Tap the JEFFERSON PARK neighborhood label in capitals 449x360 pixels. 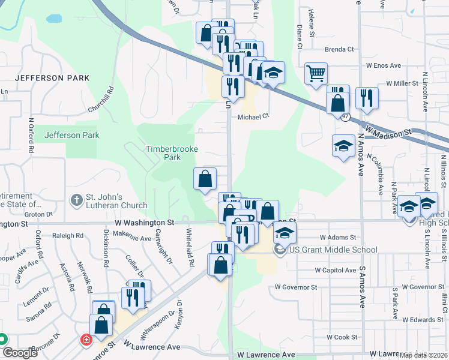pyautogui.click(x=52, y=78)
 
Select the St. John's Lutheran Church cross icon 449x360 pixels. pyautogui.click(x=76, y=200)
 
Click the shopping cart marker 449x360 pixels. pyautogui.click(x=316, y=74)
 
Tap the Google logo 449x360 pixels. pyautogui.click(x=20, y=353)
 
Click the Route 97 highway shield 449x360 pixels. pyautogui.click(x=346, y=117)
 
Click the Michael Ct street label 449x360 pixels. pyautogui.click(x=252, y=118)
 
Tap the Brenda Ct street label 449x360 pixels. pyautogui.click(x=340, y=50)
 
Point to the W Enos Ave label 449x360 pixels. pyautogui.click(x=383, y=65)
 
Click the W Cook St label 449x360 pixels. pyautogui.click(x=342, y=337)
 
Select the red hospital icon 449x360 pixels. pyautogui.click(x=86, y=340)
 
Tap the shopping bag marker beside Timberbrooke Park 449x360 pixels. pyautogui.click(x=205, y=179)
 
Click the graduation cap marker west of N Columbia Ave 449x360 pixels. pyautogui.click(x=343, y=146)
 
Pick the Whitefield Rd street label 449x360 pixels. pyautogui.click(x=190, y=247)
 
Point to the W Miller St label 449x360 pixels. pyautogui.click(x=402, y=83)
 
